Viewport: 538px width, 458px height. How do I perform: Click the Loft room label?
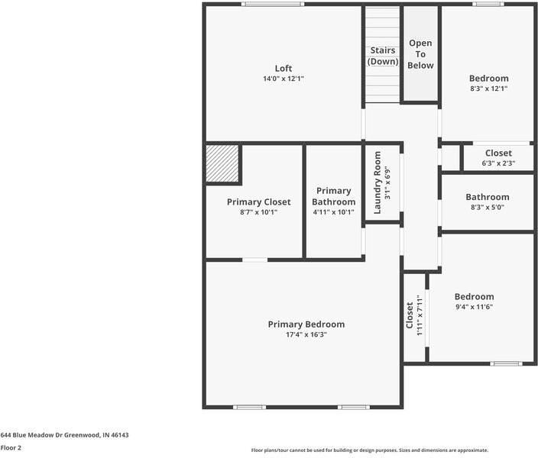point(284,68)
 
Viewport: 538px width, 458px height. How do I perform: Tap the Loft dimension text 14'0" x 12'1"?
point(284,79)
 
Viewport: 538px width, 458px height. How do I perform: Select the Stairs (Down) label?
point(383,56)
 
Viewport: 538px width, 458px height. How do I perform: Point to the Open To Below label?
point(420,54)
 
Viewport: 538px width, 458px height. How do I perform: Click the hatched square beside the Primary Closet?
point(222,163)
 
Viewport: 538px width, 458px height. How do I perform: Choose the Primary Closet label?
point(259,202)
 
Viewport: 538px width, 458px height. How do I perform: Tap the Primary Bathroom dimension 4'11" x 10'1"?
point(333,212)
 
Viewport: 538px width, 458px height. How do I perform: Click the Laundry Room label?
point(378,182)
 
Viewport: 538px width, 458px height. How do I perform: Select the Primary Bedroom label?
point(306,324)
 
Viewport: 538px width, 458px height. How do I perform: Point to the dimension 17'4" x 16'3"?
point(306,334)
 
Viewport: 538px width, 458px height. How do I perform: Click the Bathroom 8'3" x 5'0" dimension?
point(488,207)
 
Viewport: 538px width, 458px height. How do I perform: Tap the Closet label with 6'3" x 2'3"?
point(498,153)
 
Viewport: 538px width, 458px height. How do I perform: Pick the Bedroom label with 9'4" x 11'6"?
point(474,296)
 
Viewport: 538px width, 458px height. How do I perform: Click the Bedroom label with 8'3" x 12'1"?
point(489,78)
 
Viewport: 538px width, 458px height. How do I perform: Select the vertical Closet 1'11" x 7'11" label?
point(410,315)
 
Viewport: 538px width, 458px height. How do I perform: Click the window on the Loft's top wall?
point(273,4)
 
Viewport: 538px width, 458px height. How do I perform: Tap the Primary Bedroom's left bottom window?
point(249,408)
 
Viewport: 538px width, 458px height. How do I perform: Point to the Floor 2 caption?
point(11,448)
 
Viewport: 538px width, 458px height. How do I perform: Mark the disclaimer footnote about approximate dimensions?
point(370,450)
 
